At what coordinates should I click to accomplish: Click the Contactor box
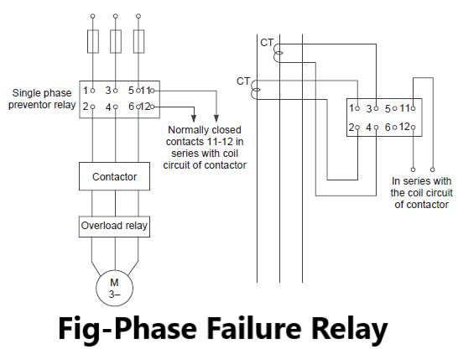114,177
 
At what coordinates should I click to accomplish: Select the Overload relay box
114,226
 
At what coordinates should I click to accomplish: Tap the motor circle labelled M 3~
114,289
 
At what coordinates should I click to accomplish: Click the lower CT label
243,81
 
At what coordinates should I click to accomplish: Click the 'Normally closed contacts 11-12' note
206,148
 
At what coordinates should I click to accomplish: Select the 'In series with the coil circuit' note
421,192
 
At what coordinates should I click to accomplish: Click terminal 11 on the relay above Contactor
145,90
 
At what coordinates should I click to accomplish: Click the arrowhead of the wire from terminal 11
217,118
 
